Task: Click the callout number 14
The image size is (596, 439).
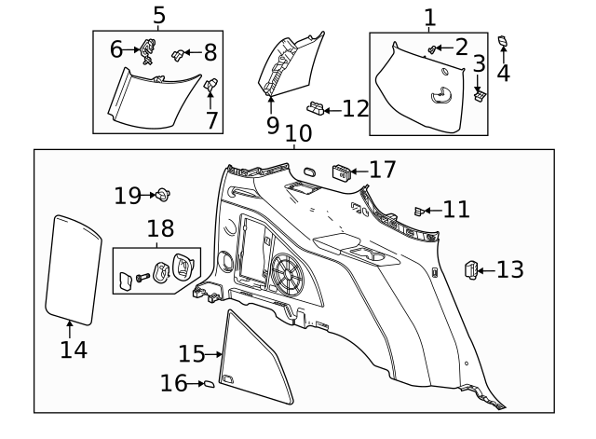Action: (74, 350)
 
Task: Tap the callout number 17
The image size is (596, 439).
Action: (382, 170)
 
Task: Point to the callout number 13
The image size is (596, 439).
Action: (509, 270)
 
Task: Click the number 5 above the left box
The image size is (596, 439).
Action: (158, 15)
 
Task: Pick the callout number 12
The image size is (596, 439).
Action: (356, 109)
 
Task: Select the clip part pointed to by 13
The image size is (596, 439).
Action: (472, 270)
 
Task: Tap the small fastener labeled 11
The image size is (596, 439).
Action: (419, 210)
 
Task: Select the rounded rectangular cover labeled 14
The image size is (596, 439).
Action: (74, 268)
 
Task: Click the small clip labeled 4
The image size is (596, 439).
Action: (503, 40)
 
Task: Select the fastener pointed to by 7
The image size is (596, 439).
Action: (211, 87)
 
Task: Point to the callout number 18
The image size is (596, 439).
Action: (160, 229)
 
